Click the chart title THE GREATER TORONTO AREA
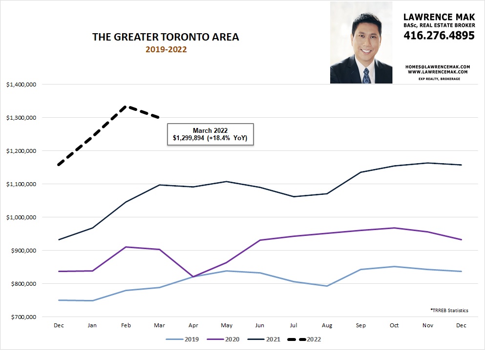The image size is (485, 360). tap(166, 37)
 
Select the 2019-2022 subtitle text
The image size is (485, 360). tap(166, 49)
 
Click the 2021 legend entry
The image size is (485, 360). tap(268, 339)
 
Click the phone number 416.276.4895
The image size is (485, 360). tap(439, 35)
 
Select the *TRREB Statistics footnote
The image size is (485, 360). tap(449, 310)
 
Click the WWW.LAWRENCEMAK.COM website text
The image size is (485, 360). tap(438, 72)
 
